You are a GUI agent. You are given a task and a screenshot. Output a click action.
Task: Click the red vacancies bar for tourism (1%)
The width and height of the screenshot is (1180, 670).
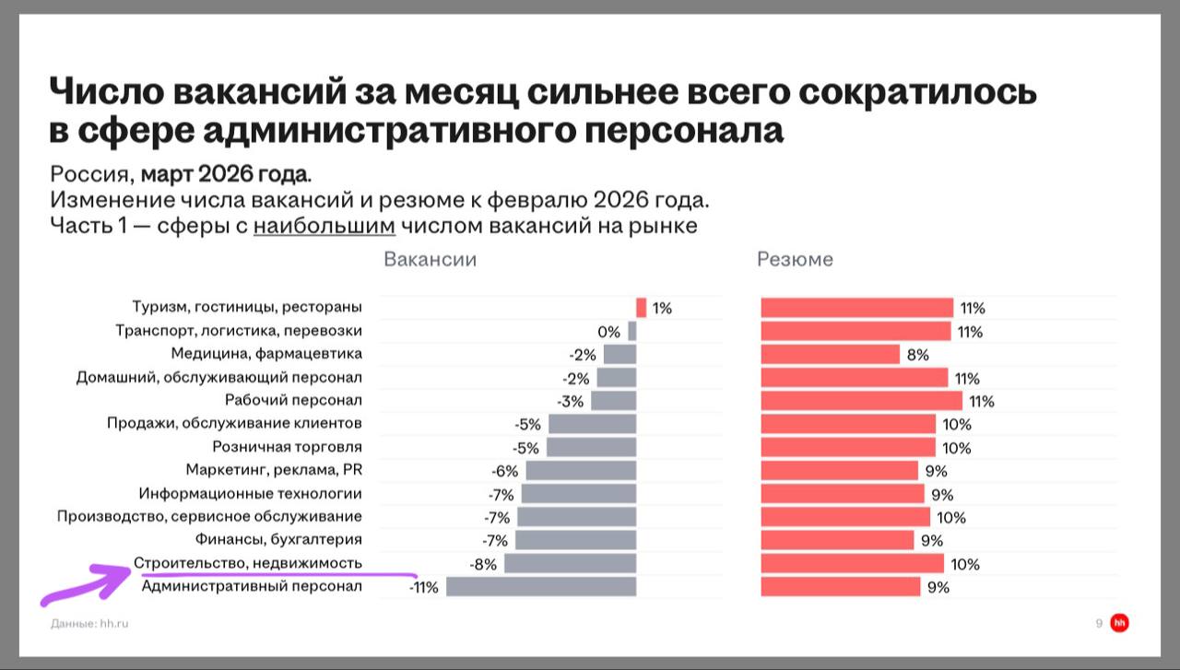641,308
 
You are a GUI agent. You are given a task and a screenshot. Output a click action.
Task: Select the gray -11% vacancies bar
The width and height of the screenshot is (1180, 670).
541,586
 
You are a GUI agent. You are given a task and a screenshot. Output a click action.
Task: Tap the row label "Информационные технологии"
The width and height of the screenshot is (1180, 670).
250,493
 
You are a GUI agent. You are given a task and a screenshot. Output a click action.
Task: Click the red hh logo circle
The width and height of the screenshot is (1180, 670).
1120,624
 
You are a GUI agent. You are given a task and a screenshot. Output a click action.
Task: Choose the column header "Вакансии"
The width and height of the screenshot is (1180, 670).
430,259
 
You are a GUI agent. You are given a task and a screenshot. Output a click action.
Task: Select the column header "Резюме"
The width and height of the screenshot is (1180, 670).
795,259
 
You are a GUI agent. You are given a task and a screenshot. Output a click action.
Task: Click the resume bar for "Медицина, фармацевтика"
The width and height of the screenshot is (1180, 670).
830,355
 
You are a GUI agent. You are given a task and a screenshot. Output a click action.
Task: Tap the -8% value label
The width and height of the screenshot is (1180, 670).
483,564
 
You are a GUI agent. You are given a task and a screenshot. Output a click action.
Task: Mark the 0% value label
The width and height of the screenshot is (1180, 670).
608,332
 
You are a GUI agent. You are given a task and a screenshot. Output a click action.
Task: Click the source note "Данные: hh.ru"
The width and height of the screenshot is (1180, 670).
89,624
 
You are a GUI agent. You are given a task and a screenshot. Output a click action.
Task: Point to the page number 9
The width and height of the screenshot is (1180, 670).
1099,624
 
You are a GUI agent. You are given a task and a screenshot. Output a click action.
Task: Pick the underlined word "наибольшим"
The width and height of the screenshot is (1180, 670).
324,227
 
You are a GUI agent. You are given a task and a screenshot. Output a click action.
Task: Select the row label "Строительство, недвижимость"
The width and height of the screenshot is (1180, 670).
248,562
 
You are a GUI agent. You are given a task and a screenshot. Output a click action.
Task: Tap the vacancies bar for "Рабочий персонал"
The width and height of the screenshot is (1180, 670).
613,401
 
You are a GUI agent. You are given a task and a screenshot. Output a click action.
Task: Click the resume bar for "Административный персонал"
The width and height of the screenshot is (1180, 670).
841,586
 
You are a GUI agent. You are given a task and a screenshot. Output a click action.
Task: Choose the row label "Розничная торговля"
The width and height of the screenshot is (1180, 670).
287,447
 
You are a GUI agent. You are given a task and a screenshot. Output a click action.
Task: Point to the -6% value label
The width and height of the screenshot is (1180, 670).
505,471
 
